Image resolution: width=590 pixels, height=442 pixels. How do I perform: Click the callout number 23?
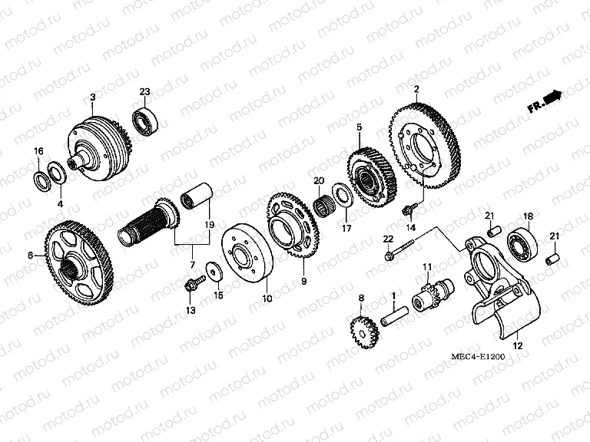pos(144,92)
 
